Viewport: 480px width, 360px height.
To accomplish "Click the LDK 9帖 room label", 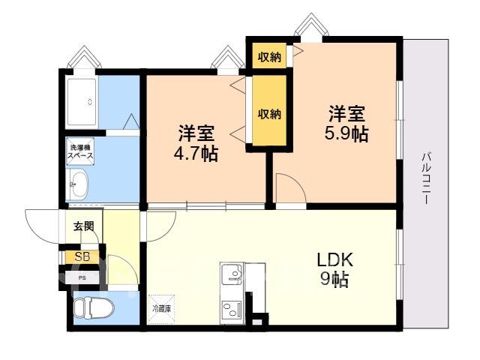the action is pos(334,269).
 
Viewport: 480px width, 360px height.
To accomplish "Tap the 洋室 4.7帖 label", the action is pos(196,143).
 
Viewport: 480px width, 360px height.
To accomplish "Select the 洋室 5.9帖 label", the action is pos(346,123).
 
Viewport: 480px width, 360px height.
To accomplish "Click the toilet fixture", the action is pos(94,307).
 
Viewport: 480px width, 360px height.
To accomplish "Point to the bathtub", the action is pos(82,102).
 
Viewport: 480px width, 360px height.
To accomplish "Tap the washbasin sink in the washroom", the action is pos(79,184).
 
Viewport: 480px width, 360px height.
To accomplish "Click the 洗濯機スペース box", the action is pos(80,151).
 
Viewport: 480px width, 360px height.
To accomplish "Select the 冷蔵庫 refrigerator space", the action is pos(161,309).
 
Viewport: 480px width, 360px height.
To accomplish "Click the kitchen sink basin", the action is pos(232,273).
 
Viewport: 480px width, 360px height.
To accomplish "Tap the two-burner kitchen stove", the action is pos(232,310).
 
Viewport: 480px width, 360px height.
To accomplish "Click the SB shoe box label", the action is pos(82,256).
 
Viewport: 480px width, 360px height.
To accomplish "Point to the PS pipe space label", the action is pos(82,278).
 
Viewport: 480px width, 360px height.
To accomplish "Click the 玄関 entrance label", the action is pos(83,226).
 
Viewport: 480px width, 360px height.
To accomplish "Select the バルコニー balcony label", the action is pos(426,178).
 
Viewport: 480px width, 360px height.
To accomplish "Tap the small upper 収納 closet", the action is pos(269,57).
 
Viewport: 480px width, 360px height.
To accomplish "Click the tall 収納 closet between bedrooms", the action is pos(269,111).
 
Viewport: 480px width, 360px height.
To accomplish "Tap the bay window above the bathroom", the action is pos(84,58).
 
